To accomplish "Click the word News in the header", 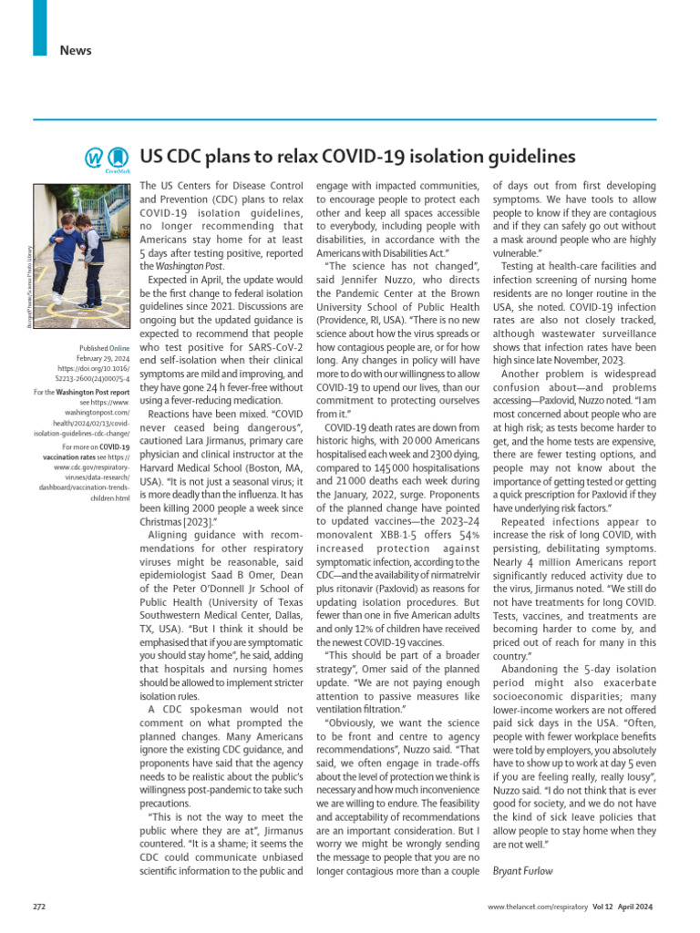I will [76, 50].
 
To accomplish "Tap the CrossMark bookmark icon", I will [117, 158].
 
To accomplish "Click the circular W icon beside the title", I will [94, 158].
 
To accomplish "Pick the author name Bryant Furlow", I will [523, 871].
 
